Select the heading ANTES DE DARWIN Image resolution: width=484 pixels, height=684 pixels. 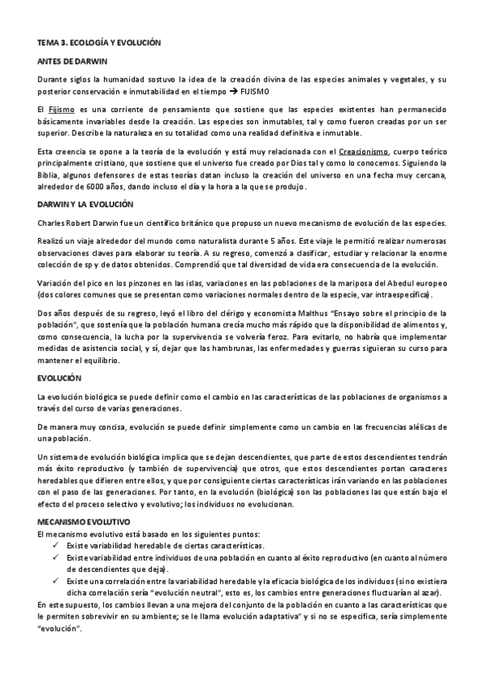pos(73,60)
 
